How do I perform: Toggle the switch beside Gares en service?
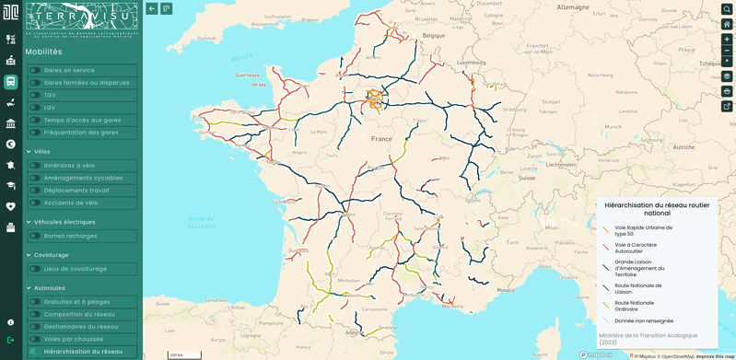pyautogui.click(x=35, y=70)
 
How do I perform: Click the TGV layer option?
pyautogui.click(x=50, y=95)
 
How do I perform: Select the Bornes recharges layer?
pyautogui.click(x=70, y=236)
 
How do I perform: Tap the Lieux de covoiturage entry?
pyautogui.click(x=76, y=269)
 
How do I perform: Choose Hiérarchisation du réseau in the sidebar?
pyautogui.click(x=83, y=351)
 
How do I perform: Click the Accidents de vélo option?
pyautogui.click(x=71, y=203)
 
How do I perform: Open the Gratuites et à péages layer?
pyautogui.click(x=77, y=302)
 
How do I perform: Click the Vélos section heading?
pyautogui.click(x=41, y=152)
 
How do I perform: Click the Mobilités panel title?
pyautogui.click(x=44, y=52)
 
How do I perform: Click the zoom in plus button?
pyautogui.click(x=727, y=40)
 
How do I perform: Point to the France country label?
pyautogui.click(x=381, y=139)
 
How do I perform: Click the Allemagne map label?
pyautogui.click(x=573, y=7)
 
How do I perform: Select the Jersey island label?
pyautogui.click(x=258, y=85)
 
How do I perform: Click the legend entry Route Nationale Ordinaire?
pyautogui.click(x=635, y=306)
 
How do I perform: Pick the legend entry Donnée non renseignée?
pyautogui.click(x=644, y=321)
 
